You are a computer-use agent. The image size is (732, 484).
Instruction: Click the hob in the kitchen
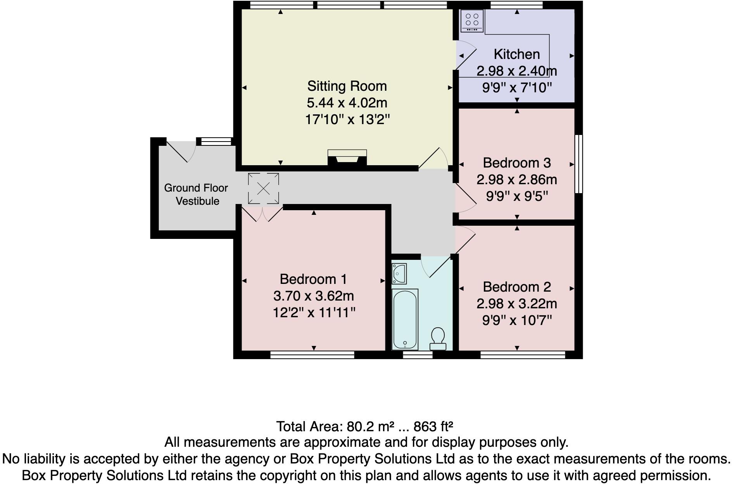coord(472,21)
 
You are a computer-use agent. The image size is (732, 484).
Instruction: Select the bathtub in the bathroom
coord(405,319)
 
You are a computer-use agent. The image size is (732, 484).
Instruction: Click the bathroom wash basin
coord(399,273)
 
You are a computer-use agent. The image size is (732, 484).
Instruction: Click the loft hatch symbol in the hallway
coord(263,188)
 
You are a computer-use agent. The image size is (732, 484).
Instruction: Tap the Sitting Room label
coord(347,86)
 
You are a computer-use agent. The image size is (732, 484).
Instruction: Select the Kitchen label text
coord(516,54)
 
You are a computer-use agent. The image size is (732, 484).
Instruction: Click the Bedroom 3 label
coord(516,163)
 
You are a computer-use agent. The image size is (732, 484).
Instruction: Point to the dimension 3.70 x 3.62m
coord(313,296)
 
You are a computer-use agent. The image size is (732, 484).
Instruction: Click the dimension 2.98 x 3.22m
coord(516,304)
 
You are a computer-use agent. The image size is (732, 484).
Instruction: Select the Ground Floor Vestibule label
coord(196,194)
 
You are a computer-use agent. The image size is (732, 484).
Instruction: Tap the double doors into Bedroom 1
coord(262,214)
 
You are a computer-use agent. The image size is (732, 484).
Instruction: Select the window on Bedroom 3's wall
coord(578,164)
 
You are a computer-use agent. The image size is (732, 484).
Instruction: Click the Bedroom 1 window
coord(312,354)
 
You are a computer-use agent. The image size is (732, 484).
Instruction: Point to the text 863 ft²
coord(433,427)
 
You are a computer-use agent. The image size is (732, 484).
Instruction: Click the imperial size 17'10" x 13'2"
coord(347,119)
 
